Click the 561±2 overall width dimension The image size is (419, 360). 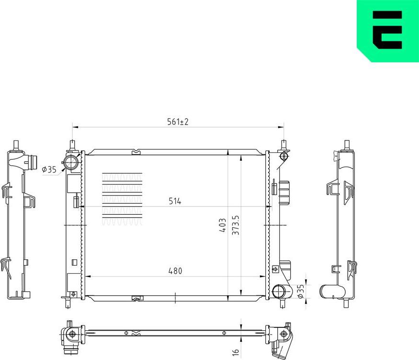(x=178, y=122)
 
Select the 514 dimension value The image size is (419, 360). (x=174, y=201)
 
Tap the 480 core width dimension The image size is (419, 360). (x=175, y=271)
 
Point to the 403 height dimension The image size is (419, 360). (x=222, y=225)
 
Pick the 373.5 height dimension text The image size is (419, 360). (x=236, y=224)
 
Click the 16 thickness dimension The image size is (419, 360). (x=235, y=352)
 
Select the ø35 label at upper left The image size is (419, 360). (x=49, y=169)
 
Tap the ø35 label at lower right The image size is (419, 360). (x=301, y=291)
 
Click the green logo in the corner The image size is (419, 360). (x=388, y=30)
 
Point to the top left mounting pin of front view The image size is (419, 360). (x=72, y=145)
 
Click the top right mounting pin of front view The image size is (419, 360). (x=283, y=145)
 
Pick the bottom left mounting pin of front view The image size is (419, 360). (x=66, y=302)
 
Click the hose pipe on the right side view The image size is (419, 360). (x=333, y=291)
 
